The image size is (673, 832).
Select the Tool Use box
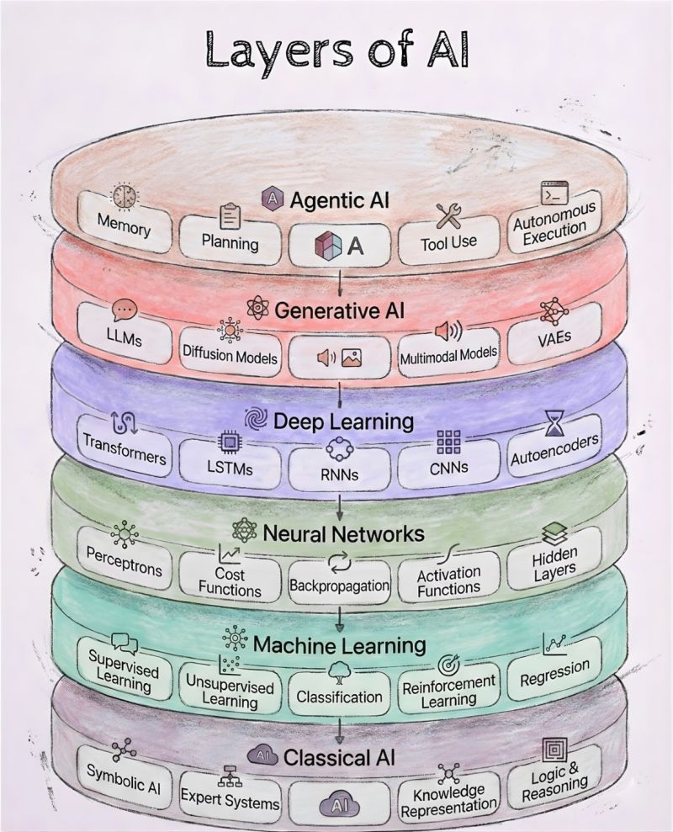pos(448,240)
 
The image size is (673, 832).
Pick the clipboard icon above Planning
pos(230,218)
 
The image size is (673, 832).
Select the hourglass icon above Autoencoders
pos(554,418)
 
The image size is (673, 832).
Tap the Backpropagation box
pos(339,584)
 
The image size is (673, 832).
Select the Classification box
pos(339,697)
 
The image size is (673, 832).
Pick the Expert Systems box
pos(230,800)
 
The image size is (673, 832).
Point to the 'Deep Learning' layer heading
pos(341,420)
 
